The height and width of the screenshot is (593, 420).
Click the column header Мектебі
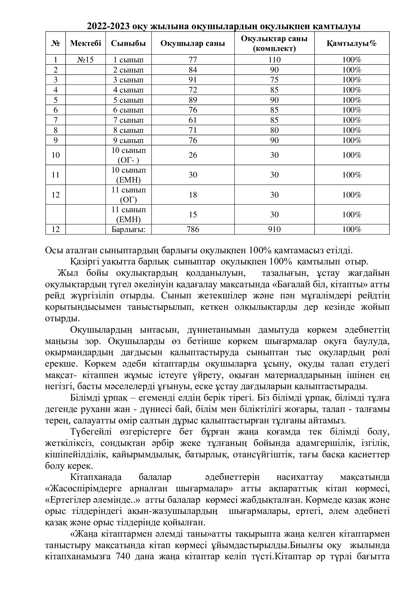[x=85, y=43]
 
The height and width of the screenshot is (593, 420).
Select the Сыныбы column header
[x=128, y=43]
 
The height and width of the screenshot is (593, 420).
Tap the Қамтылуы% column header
[x=351, y=43]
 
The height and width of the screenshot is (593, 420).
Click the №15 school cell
[x=85, y=60]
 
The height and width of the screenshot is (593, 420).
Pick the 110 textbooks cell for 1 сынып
[x=274, y=60]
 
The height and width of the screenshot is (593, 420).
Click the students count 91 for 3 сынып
[x=193, y=80]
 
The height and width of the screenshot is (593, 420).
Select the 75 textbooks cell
[x=274, y=80]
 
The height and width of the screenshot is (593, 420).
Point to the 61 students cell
[x=193, y=120]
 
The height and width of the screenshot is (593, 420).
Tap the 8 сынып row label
[x=128, y=130]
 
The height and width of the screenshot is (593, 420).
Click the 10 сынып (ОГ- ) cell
[x=128, y=155]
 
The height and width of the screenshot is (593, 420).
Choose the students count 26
[x=193, y=155]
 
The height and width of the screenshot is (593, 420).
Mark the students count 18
[x=193, y=195]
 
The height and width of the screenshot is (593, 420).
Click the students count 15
[x=193, y=215]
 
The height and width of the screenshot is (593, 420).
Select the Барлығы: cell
[x=128, y=230]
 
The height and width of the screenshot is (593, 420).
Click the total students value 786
[x=193, y=230]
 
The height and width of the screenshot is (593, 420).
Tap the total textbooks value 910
[x=274, y=230]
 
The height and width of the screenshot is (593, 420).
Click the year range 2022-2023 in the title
[x=109, y=27]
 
